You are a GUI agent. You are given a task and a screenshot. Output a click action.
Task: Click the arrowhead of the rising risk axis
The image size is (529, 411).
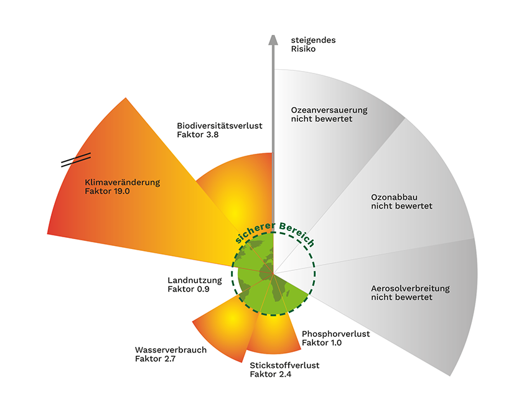click(x=273, y=39)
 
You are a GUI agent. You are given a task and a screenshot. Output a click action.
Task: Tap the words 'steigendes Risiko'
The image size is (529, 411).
click(x=313, y=44)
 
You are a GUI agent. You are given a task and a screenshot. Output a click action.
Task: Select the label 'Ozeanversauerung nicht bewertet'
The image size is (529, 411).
click(x=329, y=115)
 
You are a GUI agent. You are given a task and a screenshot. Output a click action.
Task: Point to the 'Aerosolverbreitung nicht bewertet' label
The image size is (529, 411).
click(x=410, y=293)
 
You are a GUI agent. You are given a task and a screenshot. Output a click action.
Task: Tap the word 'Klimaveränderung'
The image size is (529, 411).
click(x=122, y=182)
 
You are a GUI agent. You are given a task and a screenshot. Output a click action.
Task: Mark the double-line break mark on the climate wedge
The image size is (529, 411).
click(x=76, y=160)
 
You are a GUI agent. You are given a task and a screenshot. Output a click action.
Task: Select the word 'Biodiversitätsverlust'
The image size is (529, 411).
click(x=219, y=126)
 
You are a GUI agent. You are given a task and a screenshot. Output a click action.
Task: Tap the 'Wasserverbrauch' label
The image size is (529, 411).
click(x=170, y=349)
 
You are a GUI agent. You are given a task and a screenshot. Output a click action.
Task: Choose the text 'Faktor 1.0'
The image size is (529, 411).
click(x=322, y=342)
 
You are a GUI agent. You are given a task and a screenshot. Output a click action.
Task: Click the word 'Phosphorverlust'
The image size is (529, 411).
click(x=335, y=334)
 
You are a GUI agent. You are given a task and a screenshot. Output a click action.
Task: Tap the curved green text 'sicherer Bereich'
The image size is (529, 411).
click(x=274, y=230)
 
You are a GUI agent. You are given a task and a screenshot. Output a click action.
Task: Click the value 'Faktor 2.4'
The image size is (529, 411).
click(x=270, y=374)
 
